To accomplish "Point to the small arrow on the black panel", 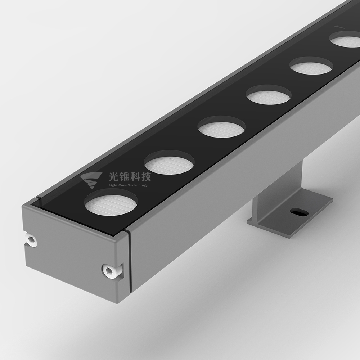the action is click(339, 27).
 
